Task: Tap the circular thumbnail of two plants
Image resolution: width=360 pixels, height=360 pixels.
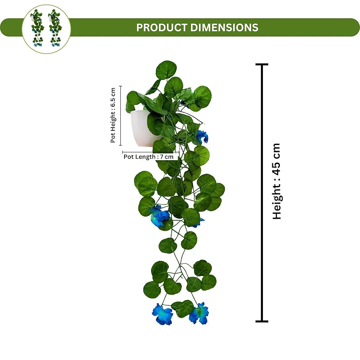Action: pyautogui.click(x=46, y=29)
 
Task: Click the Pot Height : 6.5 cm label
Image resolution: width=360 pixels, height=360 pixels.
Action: pyautogui.click(x=113, y=115)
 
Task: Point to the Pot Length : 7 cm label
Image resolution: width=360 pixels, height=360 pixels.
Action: pyautogui.click(x=149, y=157)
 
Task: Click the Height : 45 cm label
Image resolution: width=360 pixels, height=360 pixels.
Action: pyautogui.click(x=277, y=181)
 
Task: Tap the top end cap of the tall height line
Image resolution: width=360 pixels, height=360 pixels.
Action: pyautogui.click(x=262, y=64)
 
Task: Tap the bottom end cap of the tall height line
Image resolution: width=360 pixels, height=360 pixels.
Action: pyautogui.click(x=262, y=321)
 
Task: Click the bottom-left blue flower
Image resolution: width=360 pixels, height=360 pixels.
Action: pyautogui.click(x=162, y=314)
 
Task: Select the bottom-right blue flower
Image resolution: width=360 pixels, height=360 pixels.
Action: pyautogui.click(x=199, y=313)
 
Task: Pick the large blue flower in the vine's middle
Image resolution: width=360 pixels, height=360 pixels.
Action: pyautogui.click(x=159, y=216)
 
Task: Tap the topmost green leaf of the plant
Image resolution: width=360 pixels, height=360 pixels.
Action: pyautogui.click(x=166, y=70)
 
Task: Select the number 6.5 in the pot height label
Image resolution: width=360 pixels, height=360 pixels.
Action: pyautogui.click(x=113, y=98)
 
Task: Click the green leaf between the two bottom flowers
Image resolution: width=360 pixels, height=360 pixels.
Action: pyautogui.click(x=183, y=308)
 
